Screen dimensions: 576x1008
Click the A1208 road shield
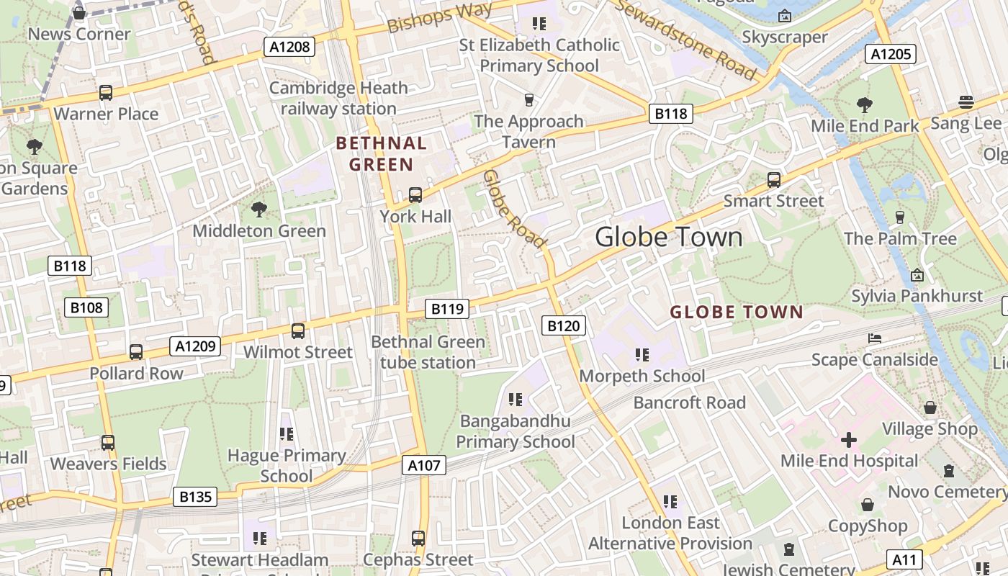coord(289,48)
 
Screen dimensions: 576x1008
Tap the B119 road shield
coord(446,309)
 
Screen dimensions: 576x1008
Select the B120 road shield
coord(563,326)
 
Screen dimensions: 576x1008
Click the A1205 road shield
coord(891,54)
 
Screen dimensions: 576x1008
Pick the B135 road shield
coord(194,496)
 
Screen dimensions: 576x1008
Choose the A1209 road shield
coord(196,346)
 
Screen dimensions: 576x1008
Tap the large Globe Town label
coord(669,237)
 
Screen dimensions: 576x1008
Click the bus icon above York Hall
coord(415,194)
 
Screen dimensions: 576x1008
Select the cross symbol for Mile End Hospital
coord(849,439)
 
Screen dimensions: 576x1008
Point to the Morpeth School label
coord(642,376)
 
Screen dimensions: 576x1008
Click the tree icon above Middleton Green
coord(259,210)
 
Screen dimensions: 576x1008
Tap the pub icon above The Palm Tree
coord(899,217)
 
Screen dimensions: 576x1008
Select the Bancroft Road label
coord(689,402)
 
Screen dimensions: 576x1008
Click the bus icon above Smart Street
coord(774,179)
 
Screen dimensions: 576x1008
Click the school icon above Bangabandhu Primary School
coord(515,399)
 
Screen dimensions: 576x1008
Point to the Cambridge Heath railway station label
coord(338,98)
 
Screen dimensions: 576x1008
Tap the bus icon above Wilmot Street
coord(298,330)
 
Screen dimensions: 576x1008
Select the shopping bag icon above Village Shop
coord(930,408)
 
